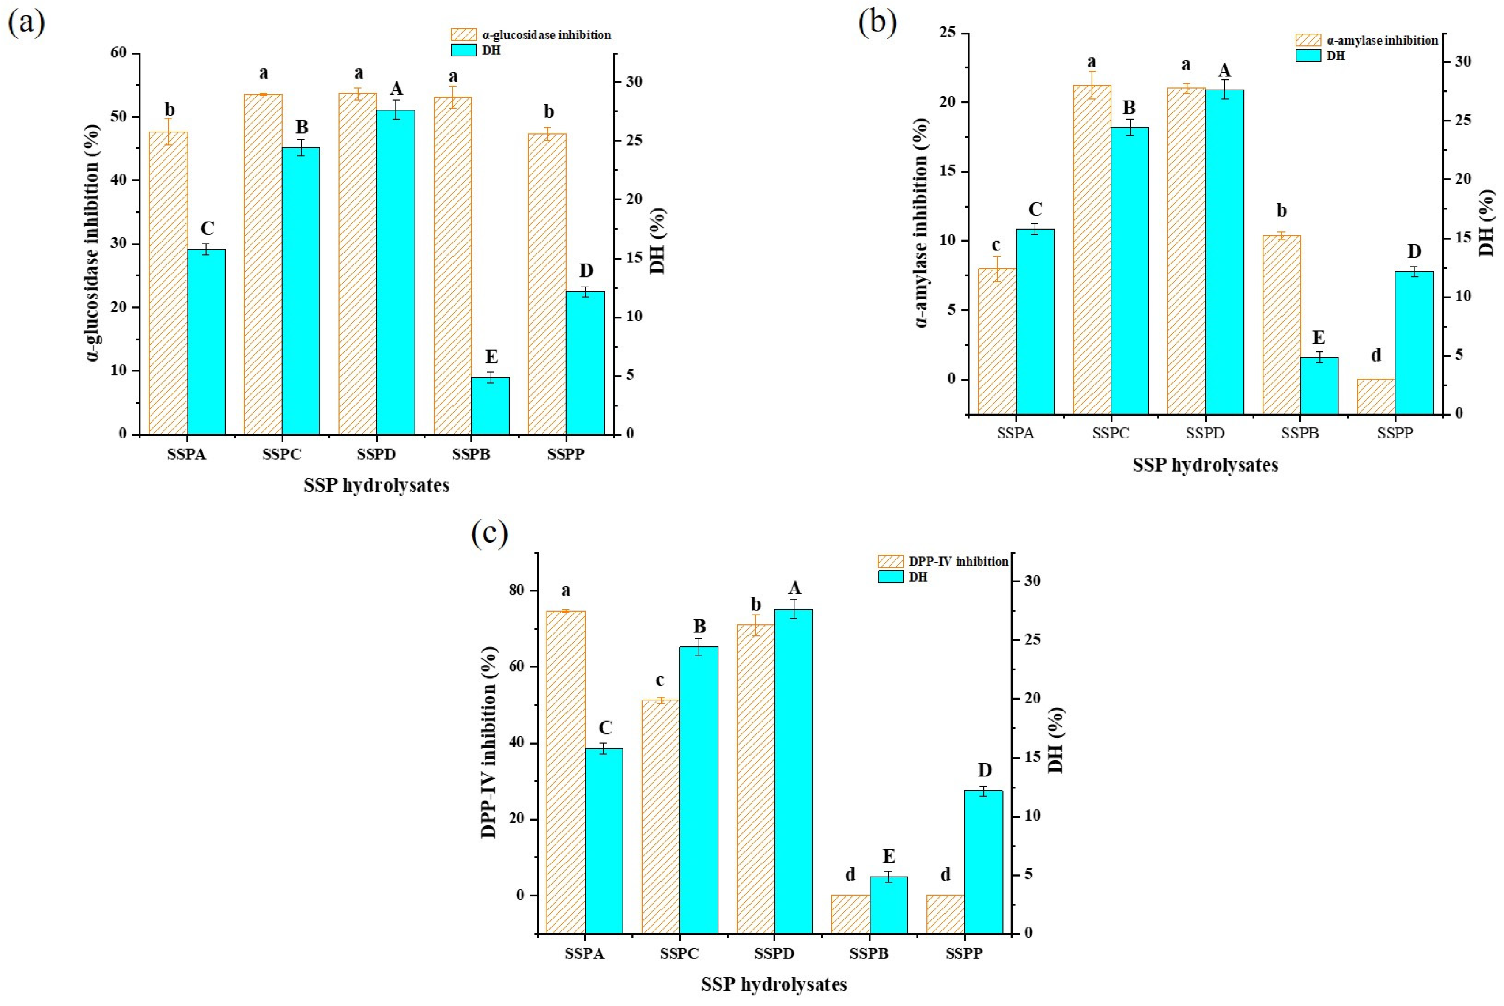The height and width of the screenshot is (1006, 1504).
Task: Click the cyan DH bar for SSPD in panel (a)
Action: [395, 272]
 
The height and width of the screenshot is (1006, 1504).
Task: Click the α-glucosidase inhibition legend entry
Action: [545, 35]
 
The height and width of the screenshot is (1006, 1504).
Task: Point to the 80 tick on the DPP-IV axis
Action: [517, 590]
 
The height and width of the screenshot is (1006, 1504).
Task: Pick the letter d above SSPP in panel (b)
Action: [1376, 355]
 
